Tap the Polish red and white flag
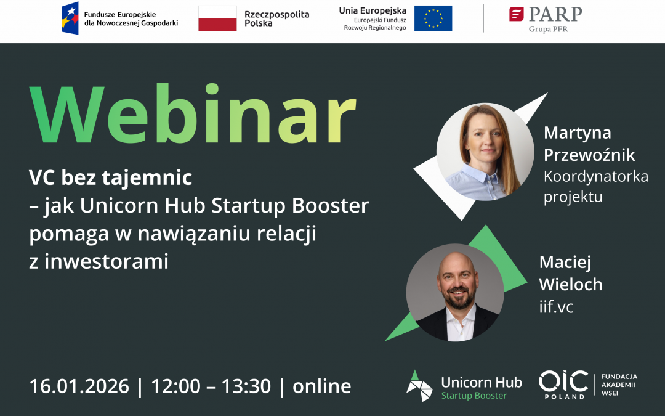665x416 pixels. coord(217,18)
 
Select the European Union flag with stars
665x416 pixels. coord(433,18)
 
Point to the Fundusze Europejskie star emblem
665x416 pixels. coord(70,18)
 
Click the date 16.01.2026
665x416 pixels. coord(79,386)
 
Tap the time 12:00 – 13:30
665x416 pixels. coord(211,386)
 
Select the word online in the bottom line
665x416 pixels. coord(322,386)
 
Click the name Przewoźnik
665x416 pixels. coord(589,155)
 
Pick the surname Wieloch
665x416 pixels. coord(571,284)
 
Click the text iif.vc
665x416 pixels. coord(556,306)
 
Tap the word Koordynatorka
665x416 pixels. coord(596,176)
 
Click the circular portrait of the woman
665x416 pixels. coord(485,152)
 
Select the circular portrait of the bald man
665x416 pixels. coord(454,292)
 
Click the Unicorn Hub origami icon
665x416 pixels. coord(419,386)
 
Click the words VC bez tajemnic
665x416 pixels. coord(111,178)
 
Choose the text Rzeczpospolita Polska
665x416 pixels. coord(277,18)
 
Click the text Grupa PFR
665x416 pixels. coord(548,29)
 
